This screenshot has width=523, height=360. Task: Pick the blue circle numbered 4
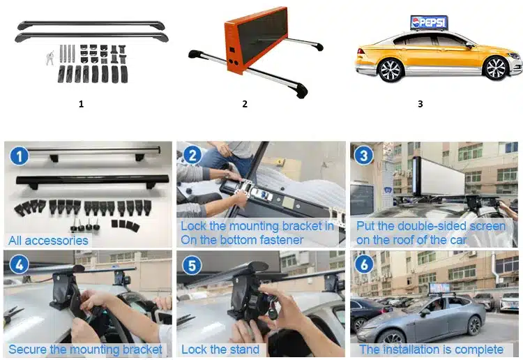(19, 266)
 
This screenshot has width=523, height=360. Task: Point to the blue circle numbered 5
(193, 266)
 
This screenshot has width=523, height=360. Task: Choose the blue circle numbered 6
(365, 266)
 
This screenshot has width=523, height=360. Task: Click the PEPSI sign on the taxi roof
(429, 22)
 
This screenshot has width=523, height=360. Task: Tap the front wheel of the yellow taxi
(497, 68)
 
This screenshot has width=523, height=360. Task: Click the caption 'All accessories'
(48, 241)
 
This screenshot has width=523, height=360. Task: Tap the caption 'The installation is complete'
(431, 350)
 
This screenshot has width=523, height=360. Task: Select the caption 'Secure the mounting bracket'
(85, 350)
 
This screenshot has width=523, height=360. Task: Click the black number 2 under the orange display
(245, 104)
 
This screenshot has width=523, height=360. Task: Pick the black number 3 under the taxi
(420, 104)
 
